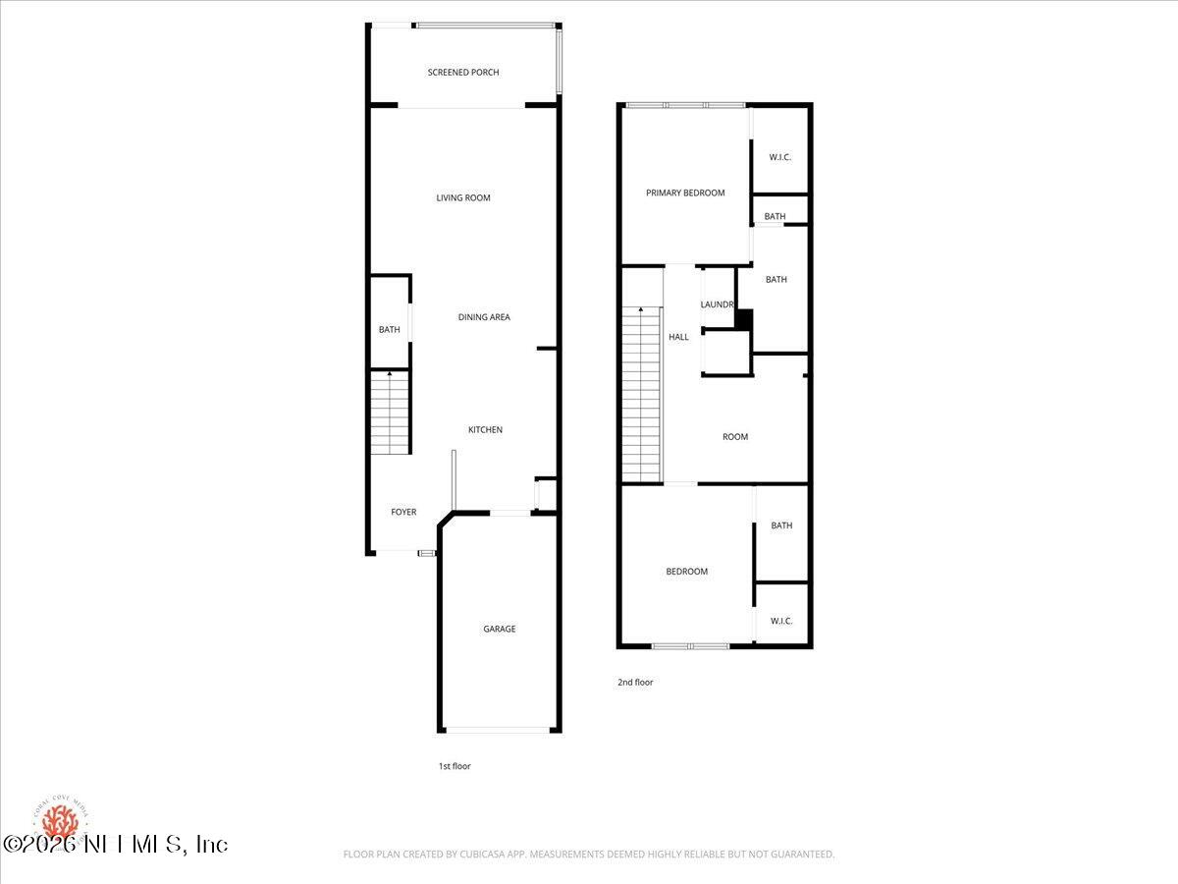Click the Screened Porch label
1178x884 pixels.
click(x=463, y=73)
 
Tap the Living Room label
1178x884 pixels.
click(x=463, y=198)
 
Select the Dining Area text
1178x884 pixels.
click(x=484, y=317)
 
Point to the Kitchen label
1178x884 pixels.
click(x=485, y=430)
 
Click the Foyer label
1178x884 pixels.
click(x=403, y=513)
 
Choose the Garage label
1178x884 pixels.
click(x=499, y=630)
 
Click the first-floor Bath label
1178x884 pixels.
click(x=390, y=330)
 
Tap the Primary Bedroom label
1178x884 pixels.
click(x=685, y=193)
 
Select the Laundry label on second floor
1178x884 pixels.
click(x=718, y=305)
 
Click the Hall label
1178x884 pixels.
click(x=678, y=337)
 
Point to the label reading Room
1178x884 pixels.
click(x=735, y=437)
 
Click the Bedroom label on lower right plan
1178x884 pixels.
click(x=686, y=572)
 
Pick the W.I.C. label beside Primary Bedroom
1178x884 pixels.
click(x=780, y=158)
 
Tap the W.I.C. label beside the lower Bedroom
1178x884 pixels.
click(x=781, y=621)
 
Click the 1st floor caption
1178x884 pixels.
click(x=455, y=766)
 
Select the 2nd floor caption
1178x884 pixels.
click(x=636, y=683)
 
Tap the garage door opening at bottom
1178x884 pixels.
click(x=499, y=730)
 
